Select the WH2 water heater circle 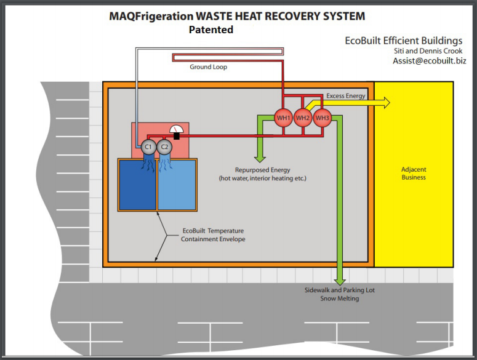click(303, 118)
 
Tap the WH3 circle click(323, 118)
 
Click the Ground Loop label click(208, 67)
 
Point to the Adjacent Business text click(414, 174)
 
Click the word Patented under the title click(211, 29)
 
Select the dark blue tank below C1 click(137, 185)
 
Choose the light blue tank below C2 click(177, 185)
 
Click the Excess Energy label click(346, 96)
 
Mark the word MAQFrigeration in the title click(148, 16)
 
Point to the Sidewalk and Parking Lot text click(340, 290)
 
